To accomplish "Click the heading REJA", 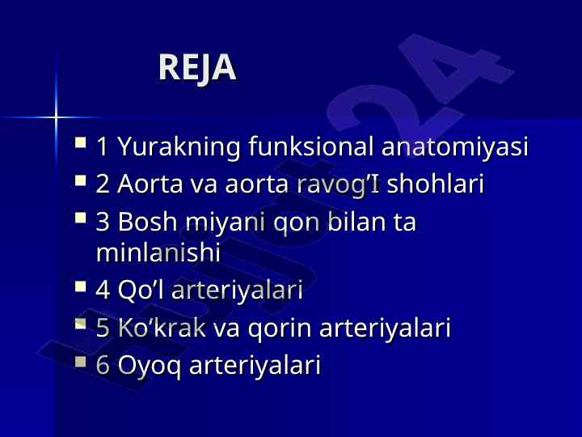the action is tap(197, 67).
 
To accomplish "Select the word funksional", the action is tap(310, 146).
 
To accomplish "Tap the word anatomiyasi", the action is tap(454, 147).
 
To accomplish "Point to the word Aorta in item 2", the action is tap(150, 183).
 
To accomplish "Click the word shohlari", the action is tap(436, 183).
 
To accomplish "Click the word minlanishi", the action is tap(158, 252).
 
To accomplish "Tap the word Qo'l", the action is tap(141, 289).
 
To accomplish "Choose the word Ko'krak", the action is tap(162, 327).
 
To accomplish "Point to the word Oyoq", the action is tap(150, 366).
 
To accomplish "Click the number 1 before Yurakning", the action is tap(103, 146).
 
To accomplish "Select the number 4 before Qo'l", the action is tap(103, 290).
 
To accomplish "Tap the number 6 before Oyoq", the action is tap(103, 364).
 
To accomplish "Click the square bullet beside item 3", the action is tap(81, 217).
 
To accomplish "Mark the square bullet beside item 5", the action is tap(81, 324).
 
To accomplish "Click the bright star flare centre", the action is tap(56, 118).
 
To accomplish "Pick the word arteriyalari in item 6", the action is tap(255, 364).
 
